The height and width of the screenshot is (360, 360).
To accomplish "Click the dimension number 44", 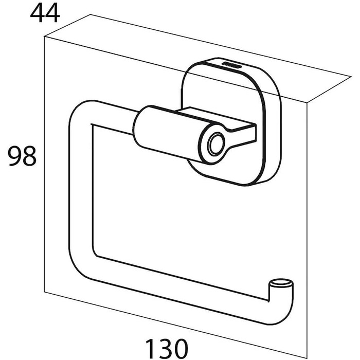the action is pyautogui.click(x=45, y=13).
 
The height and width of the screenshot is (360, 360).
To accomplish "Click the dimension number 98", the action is pyautogui.click(x=23, y=156).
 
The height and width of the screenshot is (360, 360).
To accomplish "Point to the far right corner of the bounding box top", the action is pyautogui.click(x=351, y=77).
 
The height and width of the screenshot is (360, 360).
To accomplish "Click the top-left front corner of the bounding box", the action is pyautogui.click(x=44, y=37).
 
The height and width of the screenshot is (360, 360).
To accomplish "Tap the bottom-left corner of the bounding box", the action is pyautogui.click(x=44, y=292).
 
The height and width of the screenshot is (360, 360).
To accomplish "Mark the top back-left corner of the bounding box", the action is pyautogui.click(x=90, y=14).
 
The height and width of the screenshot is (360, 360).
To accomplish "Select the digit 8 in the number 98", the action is pyautogui.click(x=30, y=156).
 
